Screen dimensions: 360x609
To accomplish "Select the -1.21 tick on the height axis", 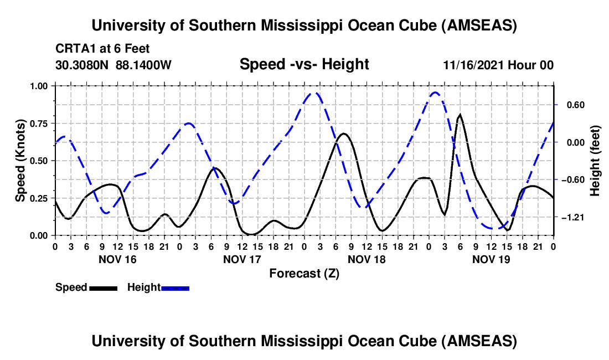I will point(571,217).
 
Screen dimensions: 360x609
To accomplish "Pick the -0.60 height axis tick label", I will point(571,179).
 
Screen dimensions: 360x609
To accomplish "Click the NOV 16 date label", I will point(117,259).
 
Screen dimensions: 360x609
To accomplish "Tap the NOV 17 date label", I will point(242,259).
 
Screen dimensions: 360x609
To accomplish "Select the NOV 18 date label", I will point(367,259).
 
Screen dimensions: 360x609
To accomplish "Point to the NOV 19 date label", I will point(491,259).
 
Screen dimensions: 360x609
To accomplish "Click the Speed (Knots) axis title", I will point(20,161).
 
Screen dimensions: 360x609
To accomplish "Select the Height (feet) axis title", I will point(595,161).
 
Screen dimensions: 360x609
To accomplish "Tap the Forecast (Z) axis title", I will point(304,273).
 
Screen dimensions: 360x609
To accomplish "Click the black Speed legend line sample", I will point(102,287).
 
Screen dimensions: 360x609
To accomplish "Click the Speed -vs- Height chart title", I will point(304,64).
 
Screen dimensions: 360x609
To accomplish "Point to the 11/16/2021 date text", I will point(473,65).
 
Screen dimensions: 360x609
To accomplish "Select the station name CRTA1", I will point(72,49).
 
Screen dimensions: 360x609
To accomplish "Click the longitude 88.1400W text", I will point(144,65).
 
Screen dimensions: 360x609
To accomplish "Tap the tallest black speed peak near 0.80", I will point(460,115).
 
